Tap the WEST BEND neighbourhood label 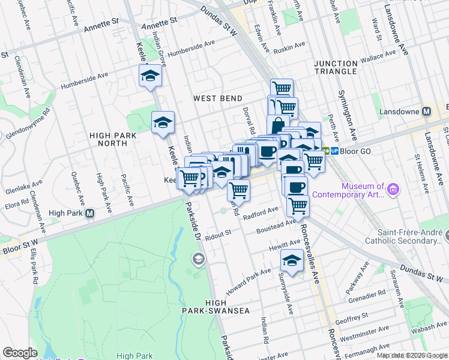[218, 98]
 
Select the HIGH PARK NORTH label [108, 140]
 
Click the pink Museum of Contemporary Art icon [394, 190]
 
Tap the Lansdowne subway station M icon [427, 112]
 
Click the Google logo [20, 353]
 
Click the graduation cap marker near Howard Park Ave [292, 261]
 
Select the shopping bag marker [277, 125]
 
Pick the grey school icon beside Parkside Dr [197, 259]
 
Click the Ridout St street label [218, 235]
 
